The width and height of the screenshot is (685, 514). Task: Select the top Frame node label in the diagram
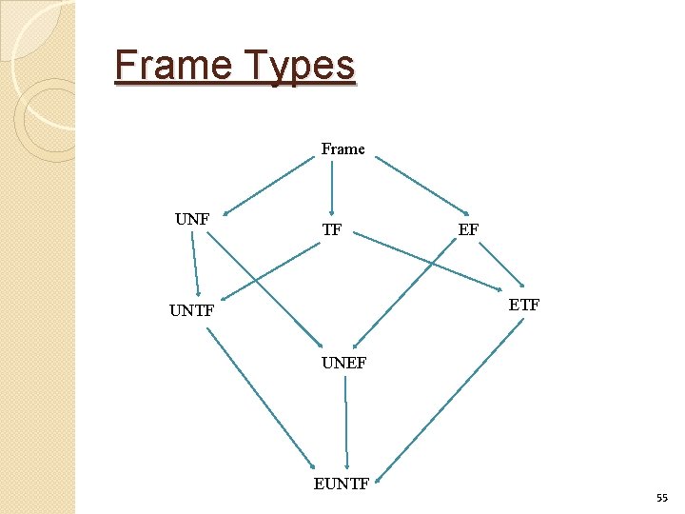coord(342,148)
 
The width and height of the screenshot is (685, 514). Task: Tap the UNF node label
coord(192,219)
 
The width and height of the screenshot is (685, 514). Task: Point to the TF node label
coord(332,229)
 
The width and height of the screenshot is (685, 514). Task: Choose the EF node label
coord(468,229)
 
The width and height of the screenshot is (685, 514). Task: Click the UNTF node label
coord(192,310)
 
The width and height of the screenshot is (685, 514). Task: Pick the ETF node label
coord(524,305)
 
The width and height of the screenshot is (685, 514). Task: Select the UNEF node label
coord(343,363)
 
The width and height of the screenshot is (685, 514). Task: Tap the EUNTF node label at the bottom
coord(342,484)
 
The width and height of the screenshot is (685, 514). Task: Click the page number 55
coord(661,498)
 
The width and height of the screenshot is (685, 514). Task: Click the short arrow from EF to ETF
coord(500,264)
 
